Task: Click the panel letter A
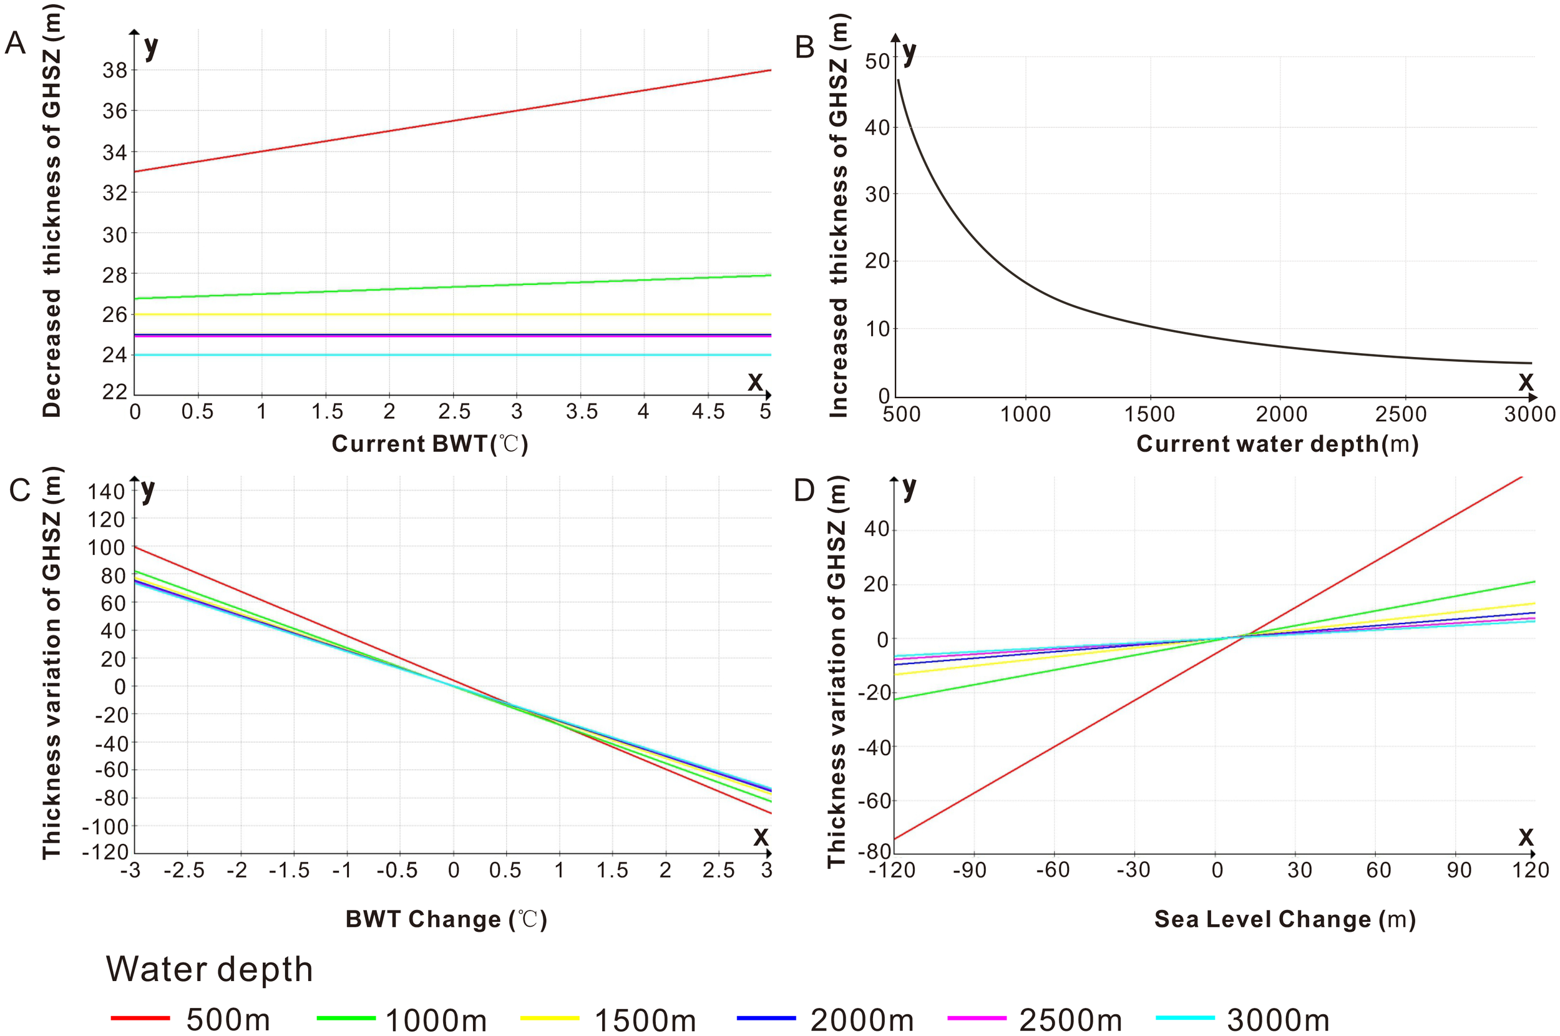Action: [15, 44]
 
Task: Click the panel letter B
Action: [804, 47]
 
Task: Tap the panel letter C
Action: [19, 489]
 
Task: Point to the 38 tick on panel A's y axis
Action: [114, 70]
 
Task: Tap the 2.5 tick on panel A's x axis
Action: [454, 412]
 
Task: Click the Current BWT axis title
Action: [429, 443]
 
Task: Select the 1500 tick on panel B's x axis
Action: [1149, 414]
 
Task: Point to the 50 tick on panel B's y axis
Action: [877, 61]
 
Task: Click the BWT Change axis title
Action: [446, 919]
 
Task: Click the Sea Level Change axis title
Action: [1285, 919]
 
